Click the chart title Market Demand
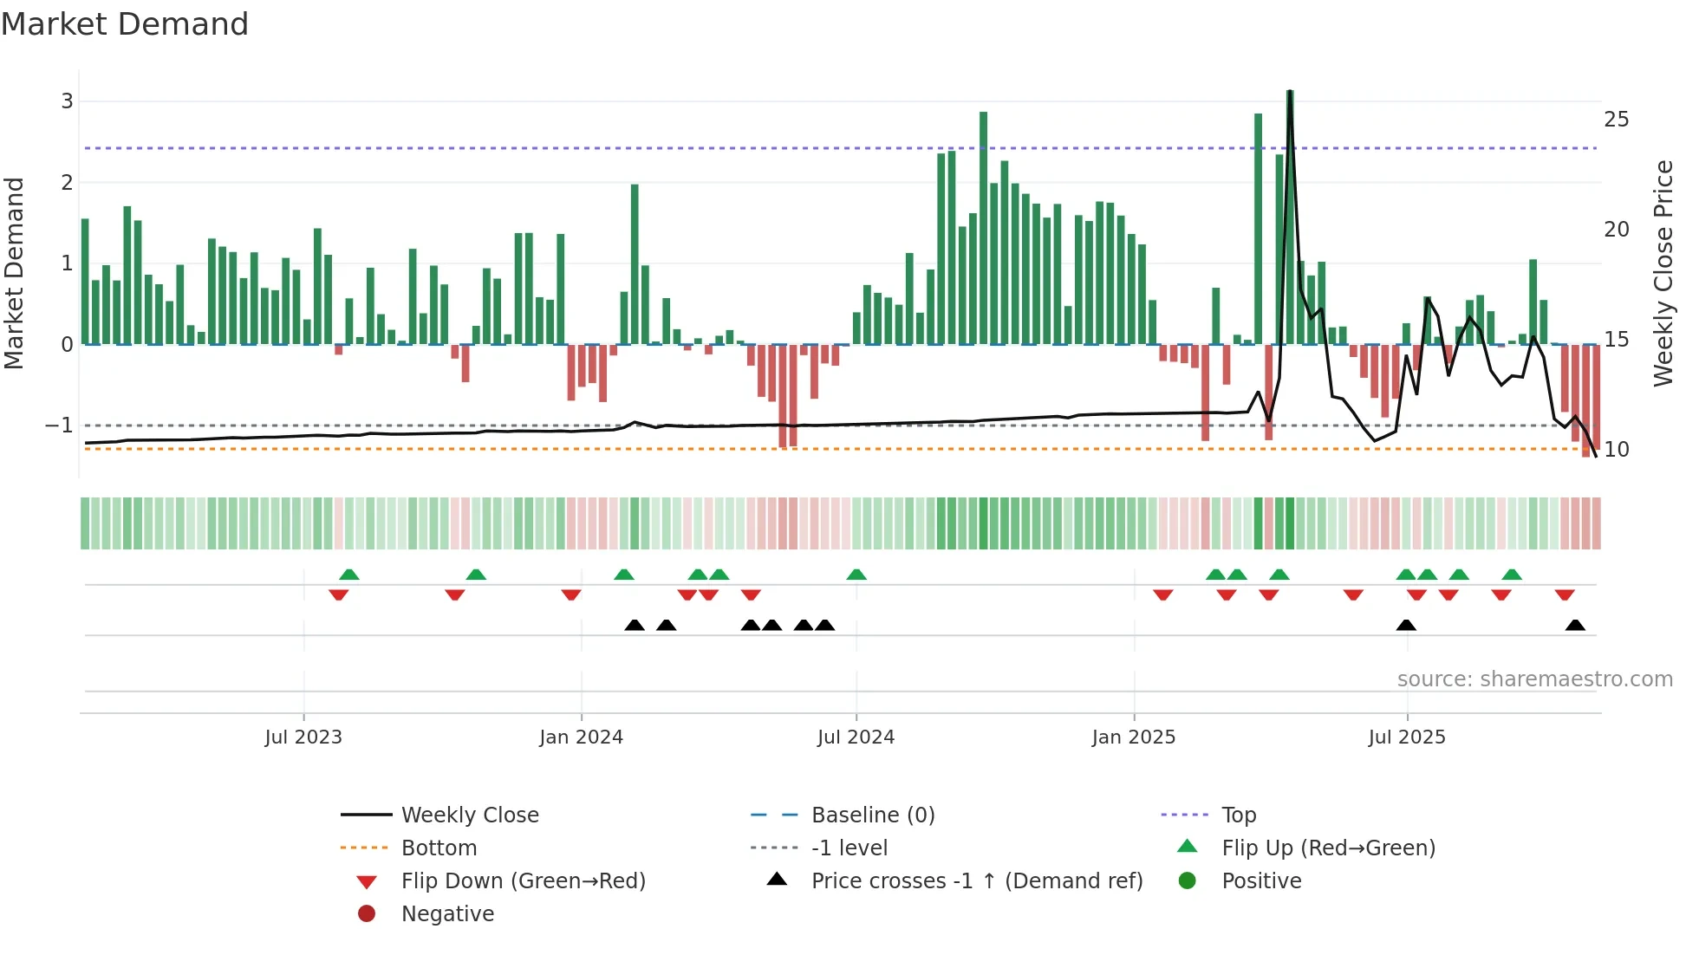pos(125,24)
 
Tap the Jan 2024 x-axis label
pos(581,737)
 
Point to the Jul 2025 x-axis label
pos(1407,737)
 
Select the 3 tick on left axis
pos(67,101)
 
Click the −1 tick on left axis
pos(59,426)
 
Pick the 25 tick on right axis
pos(1616,120)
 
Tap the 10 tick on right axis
pos(1616,450)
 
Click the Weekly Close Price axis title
pos(1663,273)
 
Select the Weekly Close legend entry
pos(469,815)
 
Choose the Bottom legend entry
pos(439,848)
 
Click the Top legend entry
pos(1238,815)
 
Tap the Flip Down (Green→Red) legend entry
pos(523,881)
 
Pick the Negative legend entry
pos(447,914)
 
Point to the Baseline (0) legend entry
pos(872,815)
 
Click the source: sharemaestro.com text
pos(1534,679)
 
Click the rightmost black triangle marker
pos(1575,626)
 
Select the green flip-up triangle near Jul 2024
pos(856,575)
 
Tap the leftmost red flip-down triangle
pos(339,594)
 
